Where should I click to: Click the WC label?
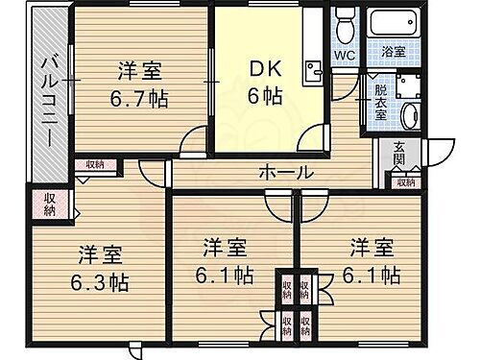click(344, 56)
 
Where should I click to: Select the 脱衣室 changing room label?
click(380, 100)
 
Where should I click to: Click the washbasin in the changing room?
click(410, 115)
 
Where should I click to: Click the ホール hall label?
click(286, 174)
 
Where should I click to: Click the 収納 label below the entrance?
click(402, 180)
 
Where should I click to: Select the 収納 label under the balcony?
click(50, 204)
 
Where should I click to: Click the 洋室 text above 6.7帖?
click(139, 70)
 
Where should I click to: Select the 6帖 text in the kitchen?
click(265, 97)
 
